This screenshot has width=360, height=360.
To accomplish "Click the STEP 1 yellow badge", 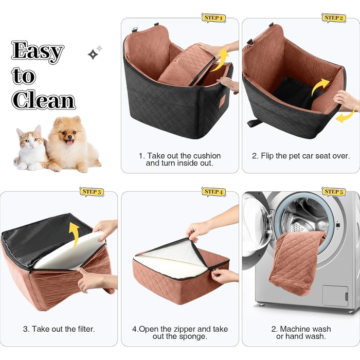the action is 213,18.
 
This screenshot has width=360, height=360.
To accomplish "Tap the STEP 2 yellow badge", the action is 334,18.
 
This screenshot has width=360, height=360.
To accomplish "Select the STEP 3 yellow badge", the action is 92,192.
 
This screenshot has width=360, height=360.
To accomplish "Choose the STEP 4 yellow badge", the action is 213,192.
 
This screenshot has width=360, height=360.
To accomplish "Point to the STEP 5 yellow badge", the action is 334,192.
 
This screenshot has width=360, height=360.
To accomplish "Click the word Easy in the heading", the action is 38,52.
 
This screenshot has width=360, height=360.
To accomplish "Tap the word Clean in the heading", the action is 43,100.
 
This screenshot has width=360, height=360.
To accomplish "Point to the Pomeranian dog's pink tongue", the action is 69,142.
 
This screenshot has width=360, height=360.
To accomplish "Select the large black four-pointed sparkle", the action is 93,55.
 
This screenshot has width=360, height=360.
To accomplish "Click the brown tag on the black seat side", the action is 222,101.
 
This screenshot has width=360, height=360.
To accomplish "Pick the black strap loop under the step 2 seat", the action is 255,123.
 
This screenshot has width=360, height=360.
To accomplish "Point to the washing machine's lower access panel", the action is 335,296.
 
